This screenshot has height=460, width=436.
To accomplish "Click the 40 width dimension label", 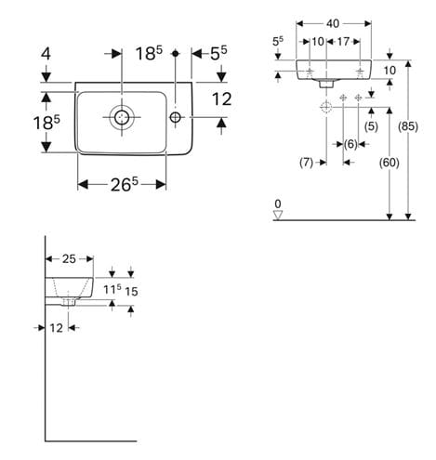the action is [333, 23].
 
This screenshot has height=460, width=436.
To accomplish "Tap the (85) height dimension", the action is [408, 126].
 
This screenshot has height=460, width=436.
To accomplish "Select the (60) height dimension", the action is [390, 163].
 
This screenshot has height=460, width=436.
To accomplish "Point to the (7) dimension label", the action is [306, 163].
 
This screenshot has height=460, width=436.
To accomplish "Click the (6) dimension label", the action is [350, 144].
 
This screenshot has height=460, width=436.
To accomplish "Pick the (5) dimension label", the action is [371, 126].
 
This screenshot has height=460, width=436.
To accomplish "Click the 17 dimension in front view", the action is [343, 42].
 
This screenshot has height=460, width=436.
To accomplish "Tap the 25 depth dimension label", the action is [69, 258].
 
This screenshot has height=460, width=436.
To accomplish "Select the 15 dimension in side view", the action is [131, 291].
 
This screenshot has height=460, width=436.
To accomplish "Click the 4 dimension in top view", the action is [46, 54].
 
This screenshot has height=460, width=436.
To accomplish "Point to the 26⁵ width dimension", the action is [125, 185].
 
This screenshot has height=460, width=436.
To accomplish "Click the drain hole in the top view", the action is [122, 117].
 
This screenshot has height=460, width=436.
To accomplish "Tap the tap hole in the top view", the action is [176, 117].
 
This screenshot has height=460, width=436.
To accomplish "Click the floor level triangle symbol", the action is [278, 215].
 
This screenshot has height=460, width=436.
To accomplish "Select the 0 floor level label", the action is [278, 204].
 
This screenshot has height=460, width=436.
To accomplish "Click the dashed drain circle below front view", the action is [326, 108].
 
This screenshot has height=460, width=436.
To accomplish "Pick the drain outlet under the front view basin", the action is [326, 84].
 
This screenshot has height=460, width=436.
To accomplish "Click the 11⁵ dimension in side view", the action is [112, 290].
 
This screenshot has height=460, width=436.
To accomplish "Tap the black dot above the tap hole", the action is [176, 54].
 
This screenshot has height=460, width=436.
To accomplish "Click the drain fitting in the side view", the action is [68, 302].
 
